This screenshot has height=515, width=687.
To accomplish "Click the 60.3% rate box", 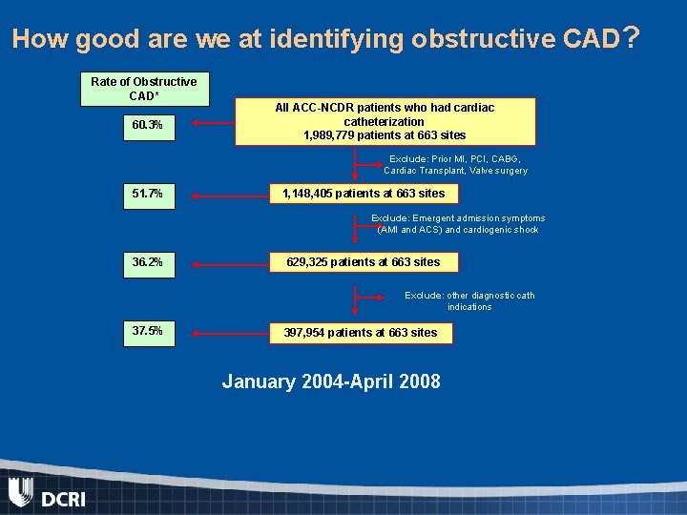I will tap(147, 125).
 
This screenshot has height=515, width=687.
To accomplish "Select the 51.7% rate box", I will tap(147, 194).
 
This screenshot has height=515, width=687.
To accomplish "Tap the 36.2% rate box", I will tap(147, 262).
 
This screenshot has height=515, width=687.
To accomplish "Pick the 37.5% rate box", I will tap(147, 332).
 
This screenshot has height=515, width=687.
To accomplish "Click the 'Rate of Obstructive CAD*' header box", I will tap(143, 89).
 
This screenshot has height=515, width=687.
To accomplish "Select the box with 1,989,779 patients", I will tap(385, 121).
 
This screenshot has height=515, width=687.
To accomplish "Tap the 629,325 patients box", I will tap(365, 262).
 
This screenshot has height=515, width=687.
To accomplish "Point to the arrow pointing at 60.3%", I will tap(214, 123).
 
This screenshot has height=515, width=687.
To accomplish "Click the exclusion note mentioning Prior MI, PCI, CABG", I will tap(456, 165).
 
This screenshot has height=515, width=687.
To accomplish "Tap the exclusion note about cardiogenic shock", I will tap(458, 224).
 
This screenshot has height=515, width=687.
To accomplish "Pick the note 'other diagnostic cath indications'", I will tap(469, 301).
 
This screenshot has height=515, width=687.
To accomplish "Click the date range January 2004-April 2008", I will tap(331, 382).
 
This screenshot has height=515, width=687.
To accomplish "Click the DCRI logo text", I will tap(63, 498).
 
